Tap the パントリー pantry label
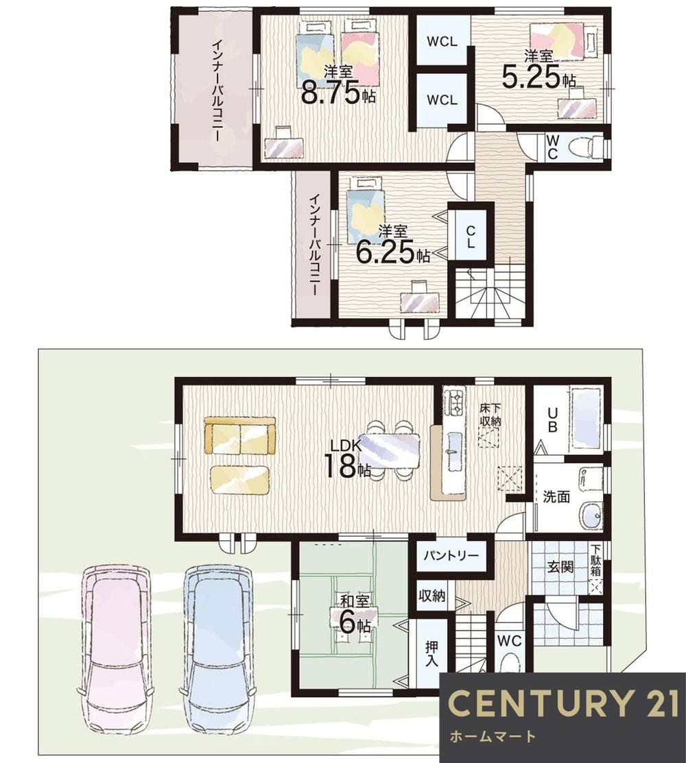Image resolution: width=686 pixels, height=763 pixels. point(451,556)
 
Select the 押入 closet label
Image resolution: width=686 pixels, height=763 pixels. point(431,654)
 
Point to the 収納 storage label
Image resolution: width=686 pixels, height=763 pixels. point(431,595)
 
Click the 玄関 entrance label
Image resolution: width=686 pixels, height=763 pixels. point(560,567)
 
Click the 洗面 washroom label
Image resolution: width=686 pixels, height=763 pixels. point(556,497)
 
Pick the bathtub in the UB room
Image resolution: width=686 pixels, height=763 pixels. point(587,418)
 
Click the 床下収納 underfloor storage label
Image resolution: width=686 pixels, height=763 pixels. point(490,415)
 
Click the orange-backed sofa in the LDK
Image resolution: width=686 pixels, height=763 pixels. point(239,435)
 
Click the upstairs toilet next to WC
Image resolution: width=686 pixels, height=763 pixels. point(590,147)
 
